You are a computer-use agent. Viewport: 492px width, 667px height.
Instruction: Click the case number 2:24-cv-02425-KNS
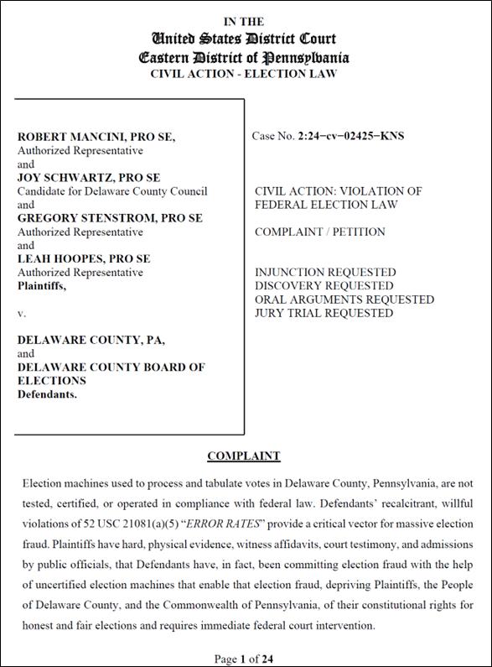click(351, 136)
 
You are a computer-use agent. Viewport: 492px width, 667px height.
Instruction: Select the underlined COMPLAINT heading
click(244, 456)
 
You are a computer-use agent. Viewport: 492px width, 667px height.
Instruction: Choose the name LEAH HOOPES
click(56, 258)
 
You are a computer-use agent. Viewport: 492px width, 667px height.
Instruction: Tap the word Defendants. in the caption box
click(47, 394)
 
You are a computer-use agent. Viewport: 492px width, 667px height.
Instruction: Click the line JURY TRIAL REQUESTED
click(324, 313)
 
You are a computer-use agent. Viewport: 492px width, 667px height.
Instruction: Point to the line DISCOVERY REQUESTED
click(324, 286)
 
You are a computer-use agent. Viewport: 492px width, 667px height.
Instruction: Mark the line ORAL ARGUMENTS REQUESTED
click(344, 300)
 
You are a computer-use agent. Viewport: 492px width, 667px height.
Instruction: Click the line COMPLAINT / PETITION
click(320, 232)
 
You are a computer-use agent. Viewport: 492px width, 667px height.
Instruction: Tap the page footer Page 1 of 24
click(244, 659)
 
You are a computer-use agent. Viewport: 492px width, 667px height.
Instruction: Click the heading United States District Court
click(244, 39)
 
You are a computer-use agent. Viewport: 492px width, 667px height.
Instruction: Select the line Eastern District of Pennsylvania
click(244, 57)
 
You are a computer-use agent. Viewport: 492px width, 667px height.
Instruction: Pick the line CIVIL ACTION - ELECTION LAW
click(244, 74)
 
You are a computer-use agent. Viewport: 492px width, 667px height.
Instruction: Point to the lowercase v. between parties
click(22, 312)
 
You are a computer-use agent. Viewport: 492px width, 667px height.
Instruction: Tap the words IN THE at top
click(244, 22)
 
